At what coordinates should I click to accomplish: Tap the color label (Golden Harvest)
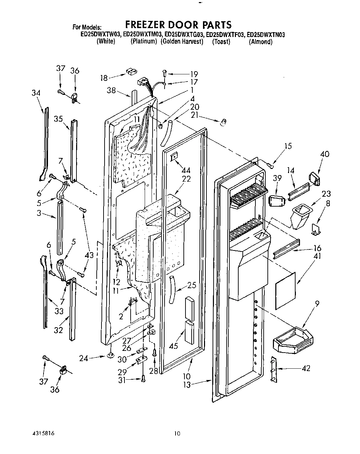(182, 42)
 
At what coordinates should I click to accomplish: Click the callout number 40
(324, 154)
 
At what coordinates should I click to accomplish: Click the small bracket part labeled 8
(316, 230)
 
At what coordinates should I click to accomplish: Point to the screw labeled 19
(165, 73)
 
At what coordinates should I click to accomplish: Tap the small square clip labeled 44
(174, 156)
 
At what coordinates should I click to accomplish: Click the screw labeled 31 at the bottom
(143, 378)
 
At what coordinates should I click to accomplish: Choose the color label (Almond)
(261, 42)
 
